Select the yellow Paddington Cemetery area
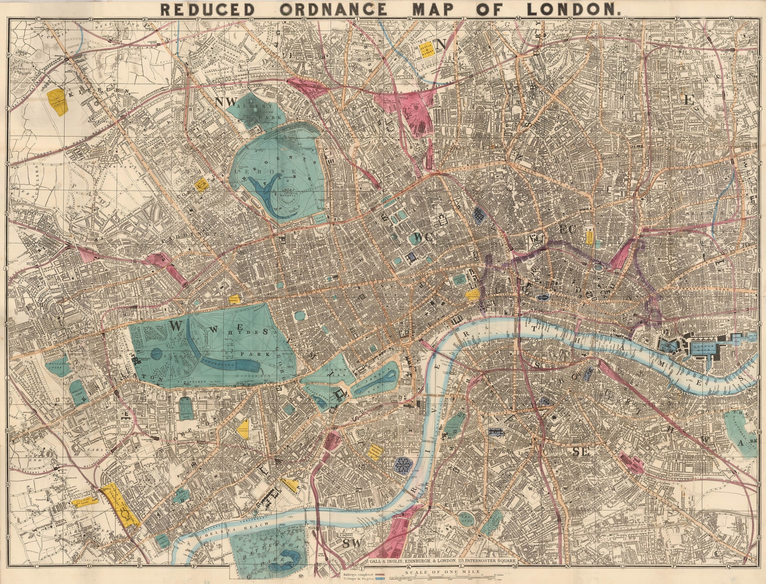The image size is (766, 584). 58,102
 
